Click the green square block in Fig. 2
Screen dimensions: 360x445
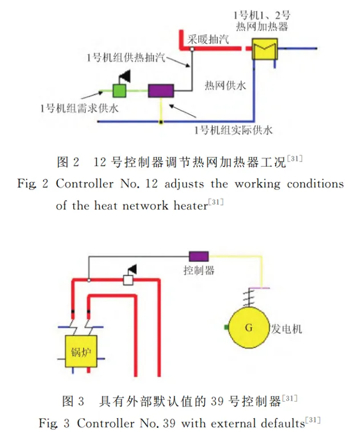(119, 91)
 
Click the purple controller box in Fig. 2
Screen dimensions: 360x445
(161, 91)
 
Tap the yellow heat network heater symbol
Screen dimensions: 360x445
(265, 49)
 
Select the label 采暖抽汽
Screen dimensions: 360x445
(208, 39)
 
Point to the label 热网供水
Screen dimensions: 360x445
(225, 85)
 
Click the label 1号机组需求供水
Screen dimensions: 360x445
(79, 108)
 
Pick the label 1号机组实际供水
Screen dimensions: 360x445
(233, 130)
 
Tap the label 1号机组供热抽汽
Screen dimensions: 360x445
(126, 58)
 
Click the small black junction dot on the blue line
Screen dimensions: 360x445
(161, 122)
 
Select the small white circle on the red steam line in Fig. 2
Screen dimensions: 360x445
(192, 49)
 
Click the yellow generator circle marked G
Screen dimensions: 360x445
(249, 327)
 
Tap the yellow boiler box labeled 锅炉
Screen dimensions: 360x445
(81, 351)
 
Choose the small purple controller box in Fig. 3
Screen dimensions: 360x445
(199, 256)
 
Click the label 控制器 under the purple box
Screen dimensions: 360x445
(199, 270)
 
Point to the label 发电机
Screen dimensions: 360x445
(286, 329)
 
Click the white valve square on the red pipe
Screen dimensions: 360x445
(128, 280)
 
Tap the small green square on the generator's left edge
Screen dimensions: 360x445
(226, 327)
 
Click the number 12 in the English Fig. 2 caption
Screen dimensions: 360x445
(151, 184)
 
